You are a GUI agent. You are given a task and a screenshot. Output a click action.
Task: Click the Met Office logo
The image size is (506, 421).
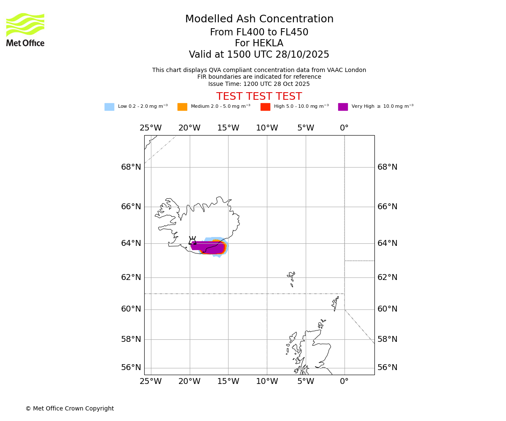pos(25,29)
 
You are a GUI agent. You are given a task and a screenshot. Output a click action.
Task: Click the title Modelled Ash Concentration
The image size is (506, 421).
pos(259,19)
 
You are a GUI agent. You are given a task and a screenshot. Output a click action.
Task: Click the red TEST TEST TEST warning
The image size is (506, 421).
pos(259,96)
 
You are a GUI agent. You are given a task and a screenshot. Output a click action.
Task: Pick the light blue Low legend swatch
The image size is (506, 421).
pos(109,107)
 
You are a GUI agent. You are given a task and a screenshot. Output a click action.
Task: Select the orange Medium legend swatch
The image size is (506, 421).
pos(182,107)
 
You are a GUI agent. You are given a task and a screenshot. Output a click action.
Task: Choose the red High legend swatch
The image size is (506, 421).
pos(265,107)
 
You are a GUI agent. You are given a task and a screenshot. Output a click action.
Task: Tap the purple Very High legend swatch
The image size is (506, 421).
pos(343,107)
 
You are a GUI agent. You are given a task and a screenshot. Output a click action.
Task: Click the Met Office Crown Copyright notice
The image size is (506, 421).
pos(70,409)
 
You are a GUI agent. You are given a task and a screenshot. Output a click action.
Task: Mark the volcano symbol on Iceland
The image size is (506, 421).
pos(192,241)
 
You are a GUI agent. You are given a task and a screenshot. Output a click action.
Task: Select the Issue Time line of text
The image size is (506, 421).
pos(259,84)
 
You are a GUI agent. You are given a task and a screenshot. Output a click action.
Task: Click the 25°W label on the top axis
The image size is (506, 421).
pos(151,128)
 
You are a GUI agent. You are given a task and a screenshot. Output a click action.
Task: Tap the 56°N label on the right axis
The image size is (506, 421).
pos(387,368)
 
